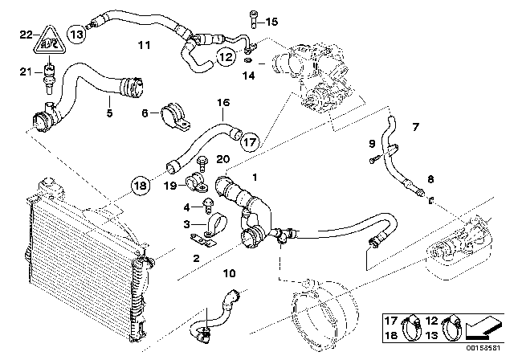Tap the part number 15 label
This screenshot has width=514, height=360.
click(270, 21)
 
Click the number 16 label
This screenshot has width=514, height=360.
click(222, 102)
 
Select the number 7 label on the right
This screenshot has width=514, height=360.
click(415, 126)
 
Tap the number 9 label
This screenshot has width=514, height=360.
click(372, 143)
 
